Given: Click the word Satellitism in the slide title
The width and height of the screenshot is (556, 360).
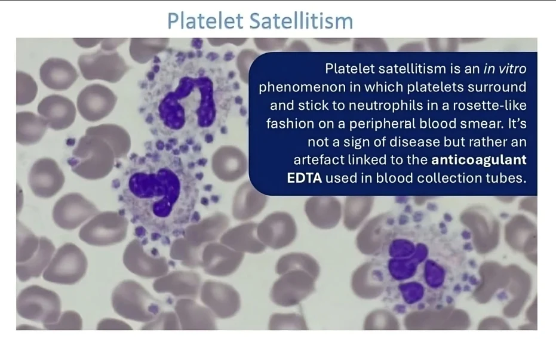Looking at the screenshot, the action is (302, 20).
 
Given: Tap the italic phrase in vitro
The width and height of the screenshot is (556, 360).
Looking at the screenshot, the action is (505, 69).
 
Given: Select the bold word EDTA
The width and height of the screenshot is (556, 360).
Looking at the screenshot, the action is (304, 178).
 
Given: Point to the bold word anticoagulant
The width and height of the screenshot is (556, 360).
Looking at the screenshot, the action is (479, 160).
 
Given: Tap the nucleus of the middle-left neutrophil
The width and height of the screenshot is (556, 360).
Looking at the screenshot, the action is (155, 190).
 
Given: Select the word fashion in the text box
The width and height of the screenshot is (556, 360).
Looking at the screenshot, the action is (290, 124).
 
